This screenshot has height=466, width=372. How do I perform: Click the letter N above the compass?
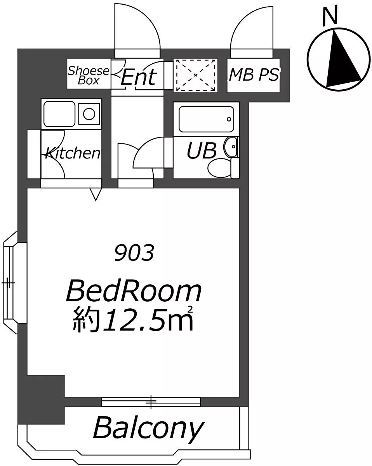pos(330,16)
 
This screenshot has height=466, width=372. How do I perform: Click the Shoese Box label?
pos(89,75)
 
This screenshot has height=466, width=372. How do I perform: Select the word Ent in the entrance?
pos(139,77)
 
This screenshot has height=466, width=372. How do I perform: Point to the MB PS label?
pos(254,75)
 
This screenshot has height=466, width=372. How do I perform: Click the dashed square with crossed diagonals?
pos(196,75)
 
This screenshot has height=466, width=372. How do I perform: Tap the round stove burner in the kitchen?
pos(89,114)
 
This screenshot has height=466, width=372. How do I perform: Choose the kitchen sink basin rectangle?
pos(59,114)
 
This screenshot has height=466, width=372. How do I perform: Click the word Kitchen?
pos(73,153)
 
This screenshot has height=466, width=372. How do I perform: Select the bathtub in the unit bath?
pos(206,119)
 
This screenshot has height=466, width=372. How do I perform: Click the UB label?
pos(202,150)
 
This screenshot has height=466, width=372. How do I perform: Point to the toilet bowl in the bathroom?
pos(219,168)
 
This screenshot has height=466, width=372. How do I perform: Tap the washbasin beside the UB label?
pos(231,147)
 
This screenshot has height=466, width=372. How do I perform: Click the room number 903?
pos(134,252)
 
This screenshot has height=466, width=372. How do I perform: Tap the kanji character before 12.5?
pos(86,320)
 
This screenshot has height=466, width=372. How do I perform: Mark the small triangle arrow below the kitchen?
pos(96,194)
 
